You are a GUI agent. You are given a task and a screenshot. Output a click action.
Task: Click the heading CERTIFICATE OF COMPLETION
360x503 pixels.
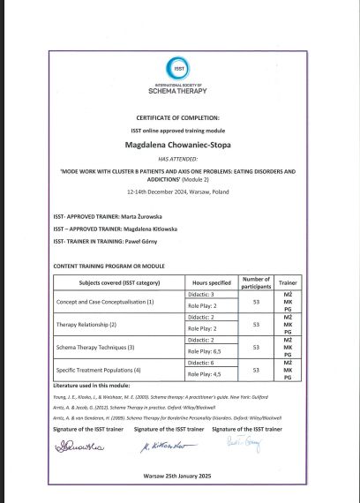pos(179,116)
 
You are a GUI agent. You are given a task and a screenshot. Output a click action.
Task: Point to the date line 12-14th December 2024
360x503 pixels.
pos(179,190)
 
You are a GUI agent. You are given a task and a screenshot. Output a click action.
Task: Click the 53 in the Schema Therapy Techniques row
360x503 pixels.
pos(255,346)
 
